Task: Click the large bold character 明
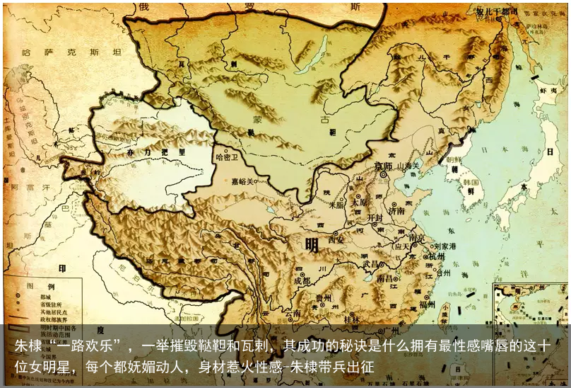[x=312, y=245]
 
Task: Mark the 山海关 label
[x=409, y=165]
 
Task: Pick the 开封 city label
[x=375, y=218]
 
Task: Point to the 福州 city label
[x=427, y=304]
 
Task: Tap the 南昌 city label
[x=386, y=280]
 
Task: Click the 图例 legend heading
[x=35, y=285]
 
